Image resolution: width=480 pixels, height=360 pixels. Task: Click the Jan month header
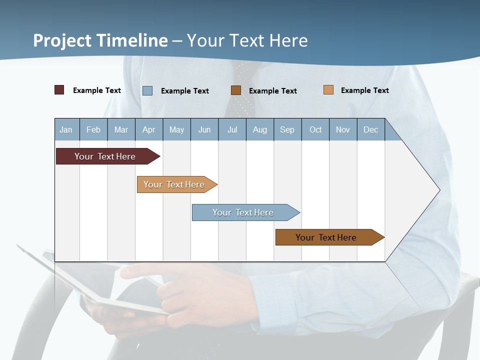click(x=66, y=129)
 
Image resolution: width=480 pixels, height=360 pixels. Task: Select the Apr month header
click(x=148, y=129)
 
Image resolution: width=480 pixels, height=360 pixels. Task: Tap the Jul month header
click(x=232, y=129)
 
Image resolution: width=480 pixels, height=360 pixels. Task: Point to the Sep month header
click(x=287, y=129)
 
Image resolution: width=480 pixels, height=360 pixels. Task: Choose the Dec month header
click(x=370, y=129)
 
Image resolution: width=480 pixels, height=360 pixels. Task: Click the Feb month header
click(x=93, y=129)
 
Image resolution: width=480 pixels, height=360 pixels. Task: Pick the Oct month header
click(x=315, y=129)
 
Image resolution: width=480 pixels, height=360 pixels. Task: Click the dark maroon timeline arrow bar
click(x=105, y=156)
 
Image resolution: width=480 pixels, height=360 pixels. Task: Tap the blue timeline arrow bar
click(x=243, y=212)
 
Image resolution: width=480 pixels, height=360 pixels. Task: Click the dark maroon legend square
click(x=59, y=90)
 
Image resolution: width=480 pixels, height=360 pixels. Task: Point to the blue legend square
click(x=147, y=90)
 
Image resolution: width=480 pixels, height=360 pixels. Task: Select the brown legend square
click(x=236, y=90)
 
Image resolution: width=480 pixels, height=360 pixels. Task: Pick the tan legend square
click(x=328, y=90)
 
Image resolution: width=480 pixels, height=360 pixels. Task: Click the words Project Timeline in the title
click(x=100, y=40)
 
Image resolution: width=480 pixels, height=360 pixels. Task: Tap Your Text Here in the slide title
click(x=247, y=40)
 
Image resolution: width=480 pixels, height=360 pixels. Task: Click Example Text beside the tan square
click(x=364, y=90)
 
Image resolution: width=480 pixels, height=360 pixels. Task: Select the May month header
click(x=176, y=129)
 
